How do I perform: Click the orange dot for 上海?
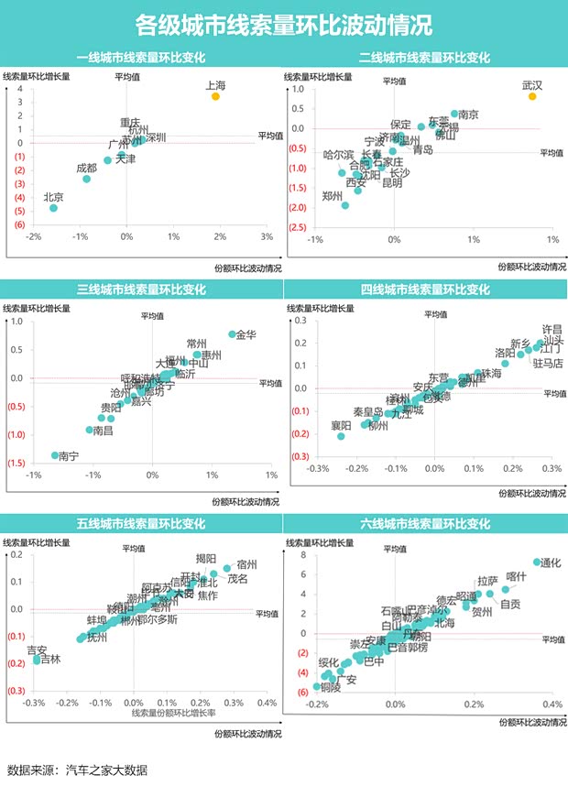(x=215, y=95)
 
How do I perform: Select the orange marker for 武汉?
(x=532, y=96)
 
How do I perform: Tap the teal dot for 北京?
(x=54, y=208)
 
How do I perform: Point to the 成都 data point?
(x=87, y=179)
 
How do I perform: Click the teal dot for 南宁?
(x=55, y=455)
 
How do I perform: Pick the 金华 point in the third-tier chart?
(x=233, y=334)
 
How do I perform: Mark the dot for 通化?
(x=537, y=562)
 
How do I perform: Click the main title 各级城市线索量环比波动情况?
(x=284, y=22)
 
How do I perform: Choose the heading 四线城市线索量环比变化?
(x=425, y=290)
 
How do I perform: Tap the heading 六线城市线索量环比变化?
(x=425, y=524)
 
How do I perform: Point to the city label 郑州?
(x=333, y=196)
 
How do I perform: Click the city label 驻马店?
(x=548, y=364)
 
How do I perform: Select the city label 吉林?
(x=51, y=660)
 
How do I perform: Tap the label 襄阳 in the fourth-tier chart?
(x=341, y=425)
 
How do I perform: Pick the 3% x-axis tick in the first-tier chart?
(x=267, y=238)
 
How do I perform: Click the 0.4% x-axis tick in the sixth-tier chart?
(x=552, y=704)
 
